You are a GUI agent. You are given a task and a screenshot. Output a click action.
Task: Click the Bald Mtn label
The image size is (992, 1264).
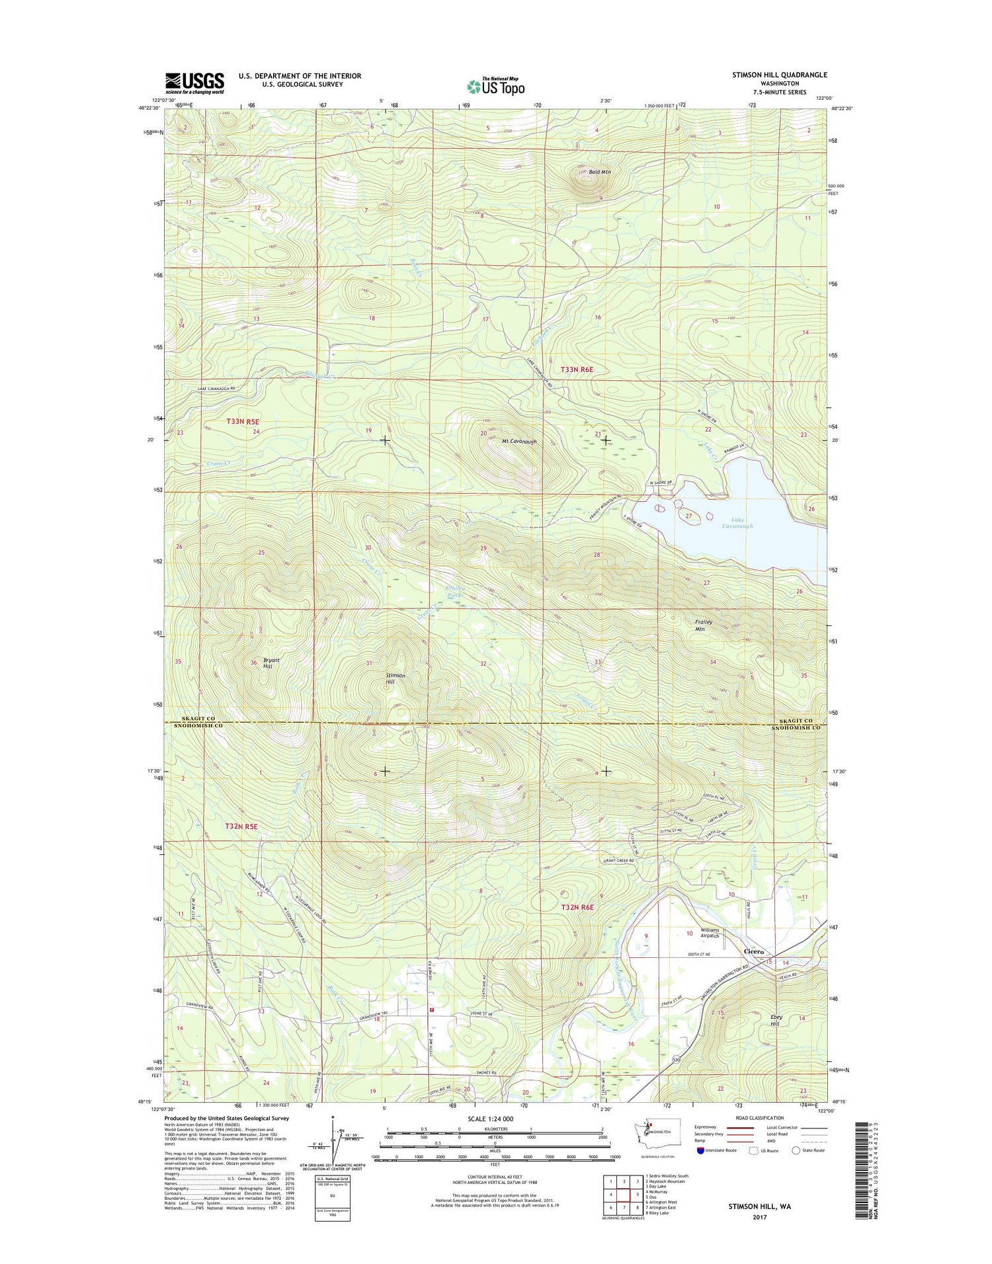tap(600, 172)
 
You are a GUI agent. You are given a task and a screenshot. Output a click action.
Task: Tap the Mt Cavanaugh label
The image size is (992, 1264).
tap(518, 442)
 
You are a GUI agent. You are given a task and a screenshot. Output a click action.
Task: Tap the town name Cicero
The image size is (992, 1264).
tap(754, 951)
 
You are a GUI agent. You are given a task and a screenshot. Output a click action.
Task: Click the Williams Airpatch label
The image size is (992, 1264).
tap(710, 933)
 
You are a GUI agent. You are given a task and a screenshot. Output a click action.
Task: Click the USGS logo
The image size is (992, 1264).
tap(194, 83)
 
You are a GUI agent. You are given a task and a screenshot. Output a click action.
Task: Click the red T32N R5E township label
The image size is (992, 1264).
tap(241, 826)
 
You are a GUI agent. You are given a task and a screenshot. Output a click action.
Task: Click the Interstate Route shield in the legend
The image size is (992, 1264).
tap(700, 1150)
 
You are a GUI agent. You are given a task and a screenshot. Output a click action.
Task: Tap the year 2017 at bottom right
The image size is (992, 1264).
tap(759, 1217)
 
